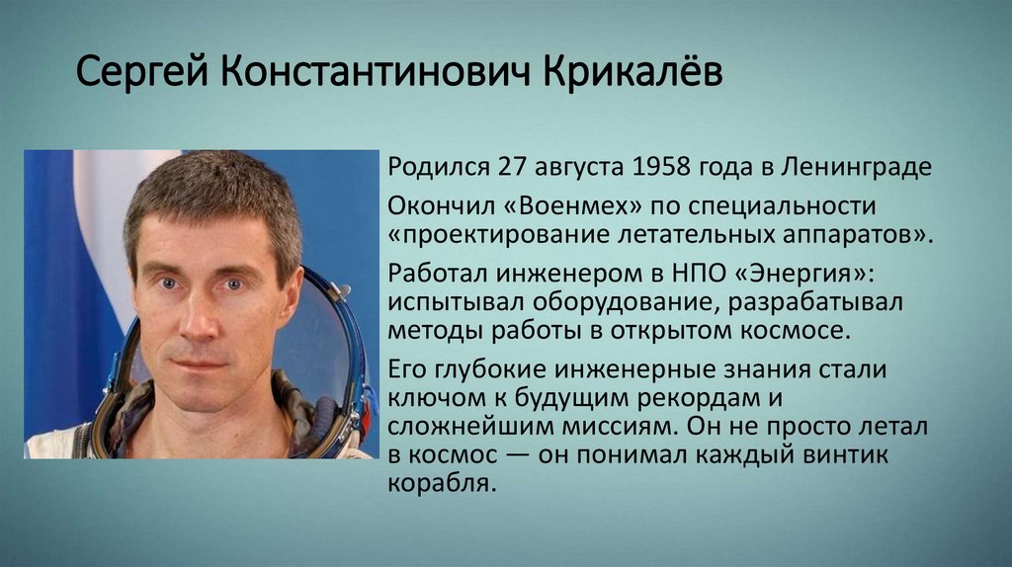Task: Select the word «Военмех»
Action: pos(534,206)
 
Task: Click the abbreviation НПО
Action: pos(704,273)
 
